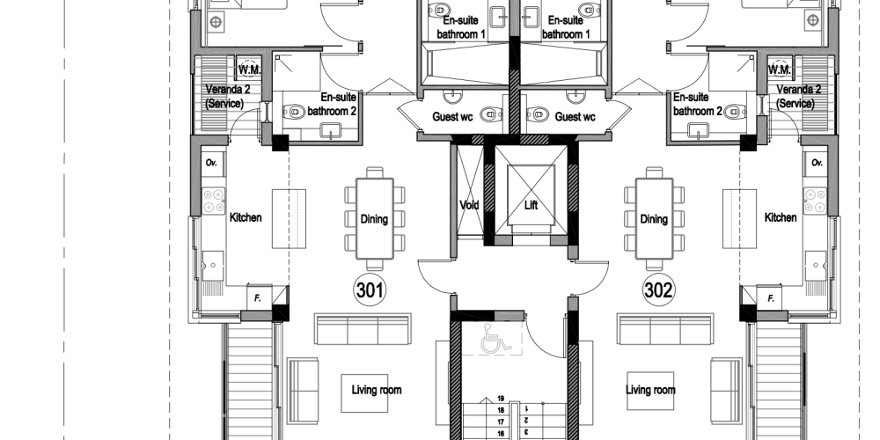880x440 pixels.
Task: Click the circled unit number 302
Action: click(x=658, y=290)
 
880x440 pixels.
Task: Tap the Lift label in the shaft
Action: click(x=531, y=205)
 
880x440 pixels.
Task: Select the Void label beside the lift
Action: click(x=469, y=205)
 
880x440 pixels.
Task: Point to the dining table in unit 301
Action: click(x=374, y=218)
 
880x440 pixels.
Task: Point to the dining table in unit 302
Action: click(x=654, y=218)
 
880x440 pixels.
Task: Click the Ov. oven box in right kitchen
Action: click(x=816, y=163)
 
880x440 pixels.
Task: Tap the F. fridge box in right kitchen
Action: click(x=769, y=297)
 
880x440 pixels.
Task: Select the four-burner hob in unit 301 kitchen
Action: click(x=213, y=201)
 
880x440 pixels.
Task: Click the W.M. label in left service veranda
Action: click(x=249, y=70)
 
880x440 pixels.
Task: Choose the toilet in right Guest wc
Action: click(x=538, y=114)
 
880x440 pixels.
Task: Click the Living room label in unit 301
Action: click(x=376, y=390)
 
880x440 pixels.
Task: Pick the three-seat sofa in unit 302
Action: click(x=665, y=329)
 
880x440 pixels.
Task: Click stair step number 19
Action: click(x=501, y=399)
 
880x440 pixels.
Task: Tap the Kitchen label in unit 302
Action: click(x=780, y=217)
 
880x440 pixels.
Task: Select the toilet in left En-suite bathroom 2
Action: click(x=295, y=113)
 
